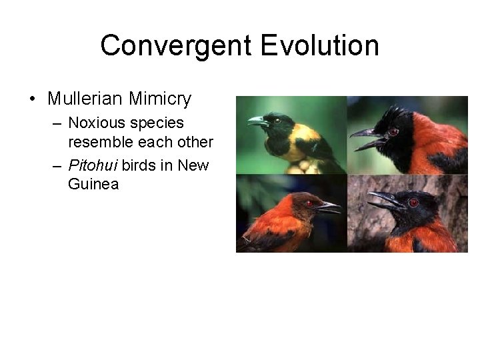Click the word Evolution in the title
(320, 46)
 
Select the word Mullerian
(85, 99)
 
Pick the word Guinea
(93, 184)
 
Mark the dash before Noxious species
(57, 123)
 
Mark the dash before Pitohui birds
(57, 165)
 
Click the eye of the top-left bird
(276, 121)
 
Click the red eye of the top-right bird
(393, 132)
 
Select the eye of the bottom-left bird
(309, 203)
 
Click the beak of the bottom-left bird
(329, 207)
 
